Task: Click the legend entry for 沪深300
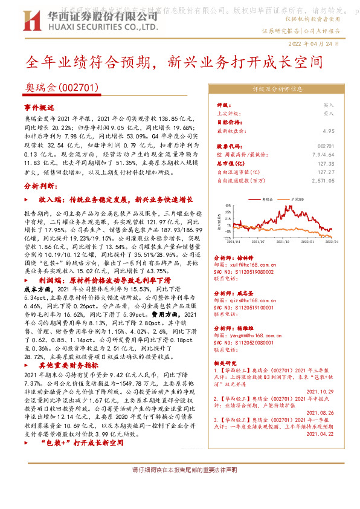pyautogui.click(x=295, y=198)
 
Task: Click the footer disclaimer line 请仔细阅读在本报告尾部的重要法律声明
pyautogui.click(x=179, y=470)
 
